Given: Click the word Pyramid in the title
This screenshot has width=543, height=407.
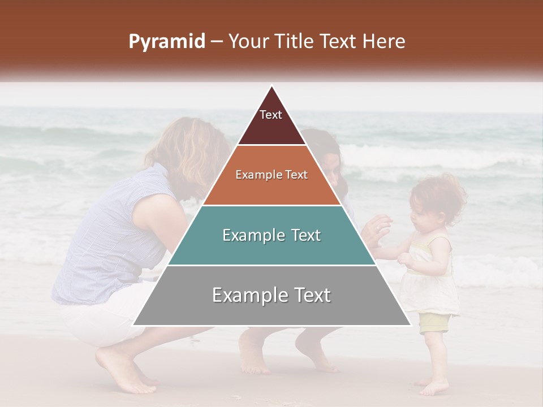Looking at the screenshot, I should coord(166,42).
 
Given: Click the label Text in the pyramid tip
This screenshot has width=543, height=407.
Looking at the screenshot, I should coord(271,115).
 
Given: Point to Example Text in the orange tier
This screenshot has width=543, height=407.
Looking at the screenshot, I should coord(271,175).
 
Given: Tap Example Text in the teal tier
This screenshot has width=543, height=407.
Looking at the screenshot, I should coord(271,235).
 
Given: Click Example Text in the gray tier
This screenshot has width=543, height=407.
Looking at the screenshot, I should coord(271,295).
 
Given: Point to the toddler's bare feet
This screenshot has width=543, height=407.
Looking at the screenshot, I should coord(433,387).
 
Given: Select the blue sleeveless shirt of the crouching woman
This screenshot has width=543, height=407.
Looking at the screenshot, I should coord(113,237).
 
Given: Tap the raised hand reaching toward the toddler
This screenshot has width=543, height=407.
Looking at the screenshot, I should coord(378,229).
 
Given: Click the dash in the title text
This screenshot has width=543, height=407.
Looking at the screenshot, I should coord(217,42).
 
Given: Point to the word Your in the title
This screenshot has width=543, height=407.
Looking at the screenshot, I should coord(249,41).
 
